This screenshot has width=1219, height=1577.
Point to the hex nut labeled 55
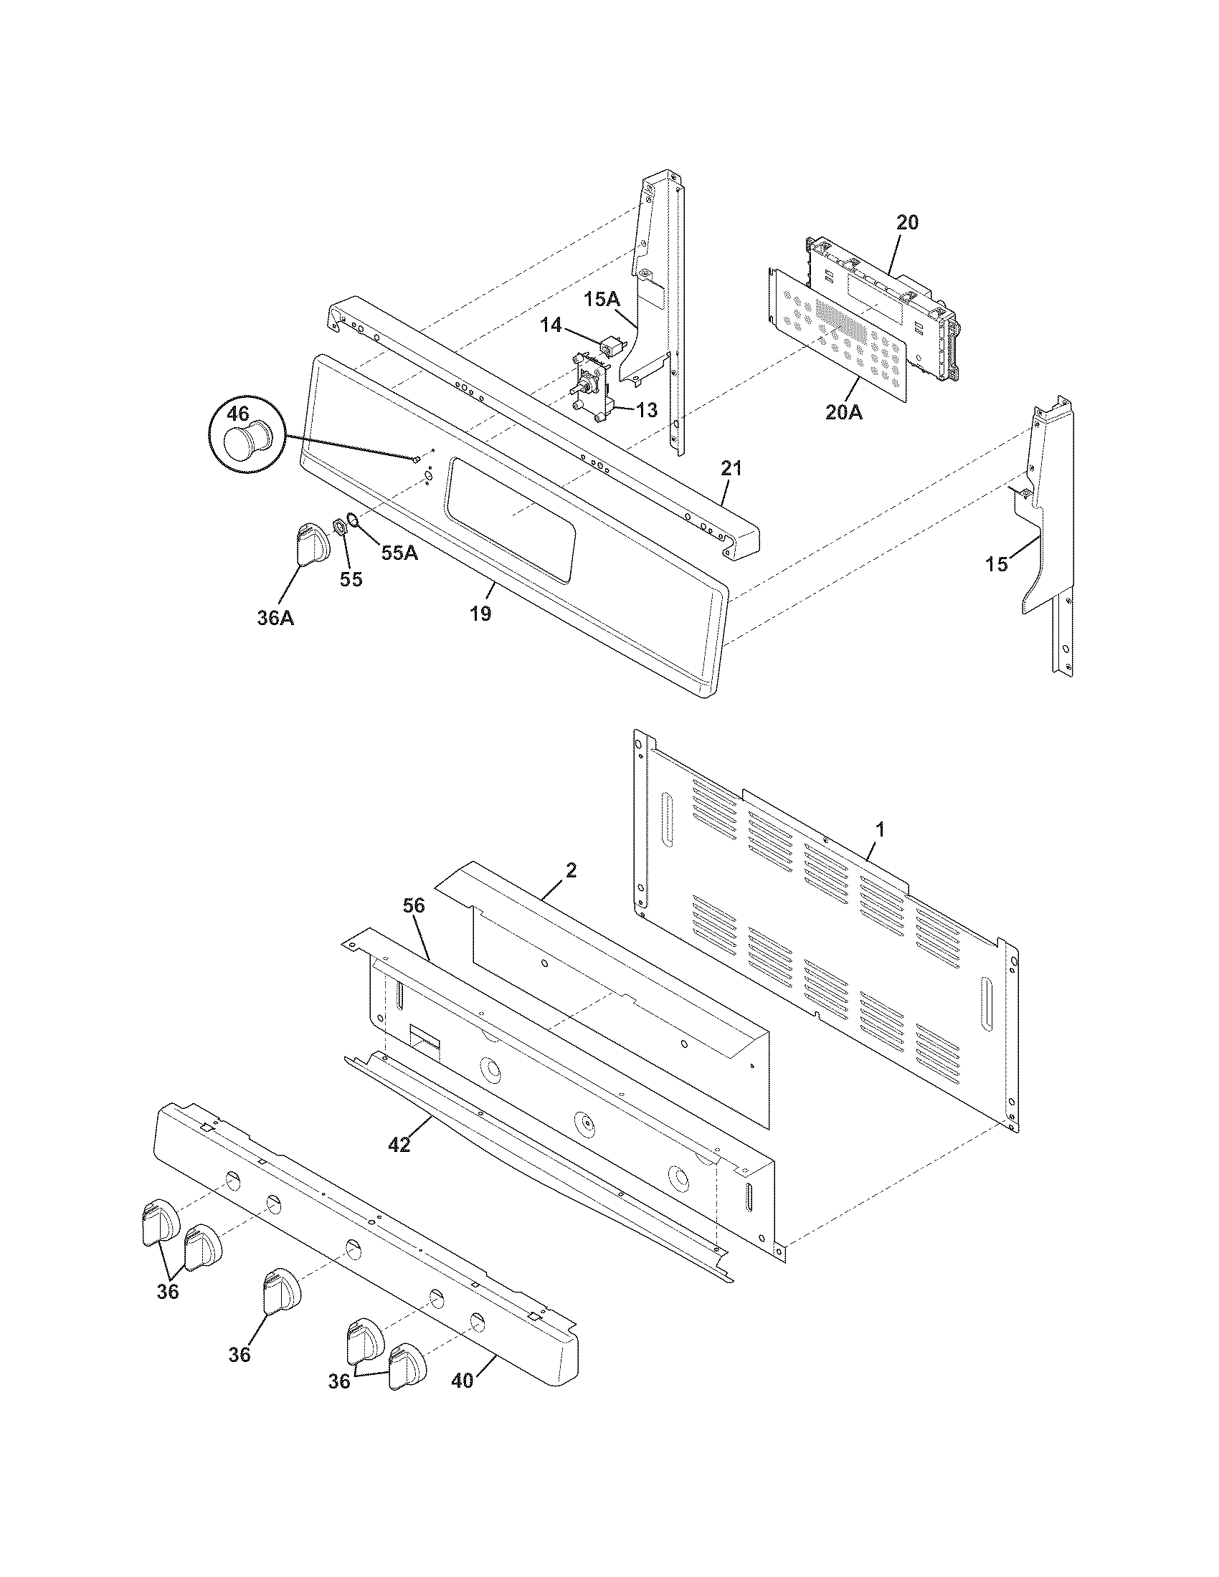[338, 525]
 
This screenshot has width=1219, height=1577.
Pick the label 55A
[399, 553]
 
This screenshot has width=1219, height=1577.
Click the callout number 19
[480, 614]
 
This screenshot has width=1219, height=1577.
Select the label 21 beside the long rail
[731, 468]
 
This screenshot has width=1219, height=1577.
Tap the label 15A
[602, 299]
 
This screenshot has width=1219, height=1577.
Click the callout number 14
[551, 325]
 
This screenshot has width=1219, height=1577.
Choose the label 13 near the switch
[646, 410]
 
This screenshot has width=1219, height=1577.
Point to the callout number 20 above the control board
[907, 222]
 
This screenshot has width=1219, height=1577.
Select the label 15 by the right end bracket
[997, 564]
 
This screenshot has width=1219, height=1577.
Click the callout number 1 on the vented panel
[879, 829]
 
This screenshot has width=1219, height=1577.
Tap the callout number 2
[571, 870]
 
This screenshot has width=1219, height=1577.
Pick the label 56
[414, 905]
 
